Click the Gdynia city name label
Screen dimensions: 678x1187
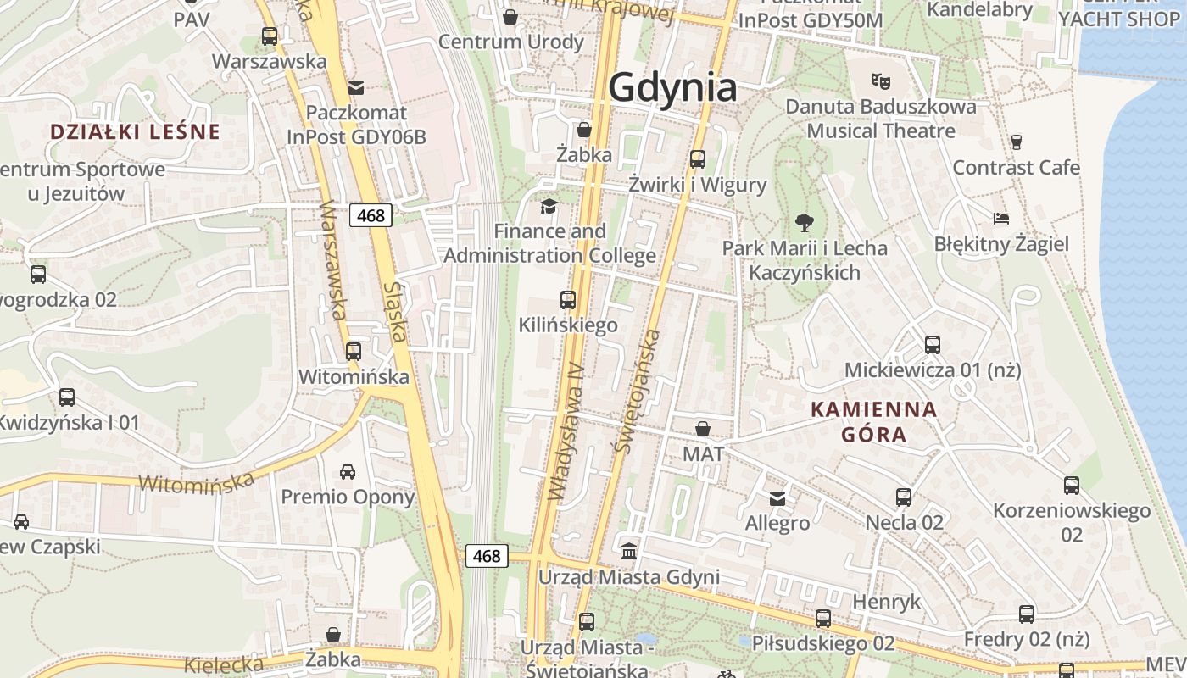point(672,86)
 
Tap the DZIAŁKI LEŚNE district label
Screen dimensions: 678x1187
point(135,131)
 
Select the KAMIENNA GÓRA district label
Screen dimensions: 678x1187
point(874,422)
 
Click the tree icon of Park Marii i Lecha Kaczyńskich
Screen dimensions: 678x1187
point(805,223)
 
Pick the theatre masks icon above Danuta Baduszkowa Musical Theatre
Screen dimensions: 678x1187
point(881,81)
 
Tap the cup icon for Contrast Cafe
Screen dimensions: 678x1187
point(1017,142)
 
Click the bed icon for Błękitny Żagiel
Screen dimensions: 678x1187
point(1001,219)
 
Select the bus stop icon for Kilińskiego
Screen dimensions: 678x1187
point(568,299)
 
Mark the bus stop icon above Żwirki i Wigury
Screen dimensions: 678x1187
point(698,158)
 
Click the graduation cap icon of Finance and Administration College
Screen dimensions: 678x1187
point(549,206)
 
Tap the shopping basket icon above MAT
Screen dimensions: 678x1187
point(703,429)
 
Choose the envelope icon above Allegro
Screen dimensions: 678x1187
point(777,498)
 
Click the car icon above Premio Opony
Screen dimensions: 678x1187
point(348,471)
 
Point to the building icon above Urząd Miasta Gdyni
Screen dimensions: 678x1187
point(629,552)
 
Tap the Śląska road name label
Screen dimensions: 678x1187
point(395,313)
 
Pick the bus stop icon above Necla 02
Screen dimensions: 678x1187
point(904,497)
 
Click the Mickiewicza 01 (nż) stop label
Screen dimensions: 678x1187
point(933,370)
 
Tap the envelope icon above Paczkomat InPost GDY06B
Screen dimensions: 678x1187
point(356,87)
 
